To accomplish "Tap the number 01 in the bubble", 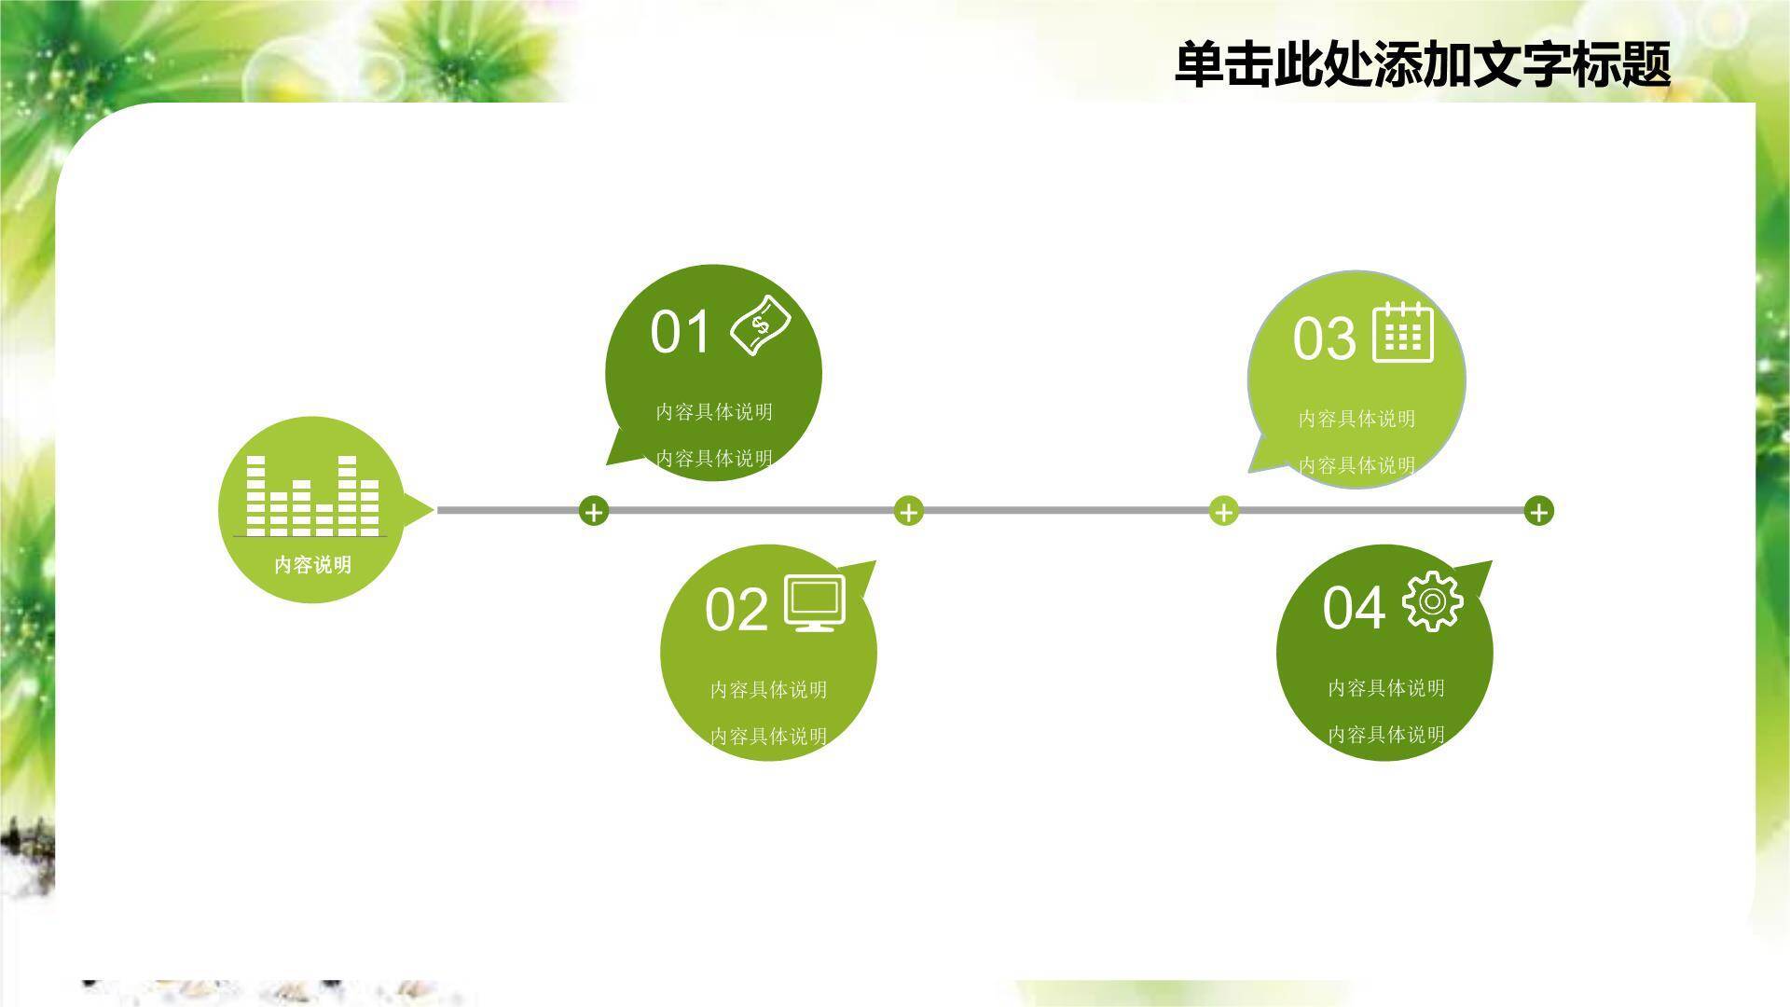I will pos(680,332).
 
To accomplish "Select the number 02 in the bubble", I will pos(736,611).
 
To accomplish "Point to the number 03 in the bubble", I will pos(1324,338).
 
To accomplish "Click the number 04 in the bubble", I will pos(1353,608).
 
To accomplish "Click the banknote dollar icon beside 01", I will pos(761,324).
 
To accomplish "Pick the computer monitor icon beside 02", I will pos(815,602).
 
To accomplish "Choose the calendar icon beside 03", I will pos(1403,333).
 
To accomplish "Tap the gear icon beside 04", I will pos(1432,602).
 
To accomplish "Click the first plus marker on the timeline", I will pos(594,511).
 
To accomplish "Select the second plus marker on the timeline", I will pos(909,511).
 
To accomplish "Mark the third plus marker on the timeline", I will pos(1224,511).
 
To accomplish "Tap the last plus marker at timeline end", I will pos(1539,511).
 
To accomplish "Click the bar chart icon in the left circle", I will pos(312,496).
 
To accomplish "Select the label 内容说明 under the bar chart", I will pos(312,565).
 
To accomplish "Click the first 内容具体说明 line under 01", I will pos(714,412).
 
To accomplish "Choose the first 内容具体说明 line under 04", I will pos(1386,688).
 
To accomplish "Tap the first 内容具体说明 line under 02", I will pos(768,690).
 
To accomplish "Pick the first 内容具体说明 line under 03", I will pos(1356,419).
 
